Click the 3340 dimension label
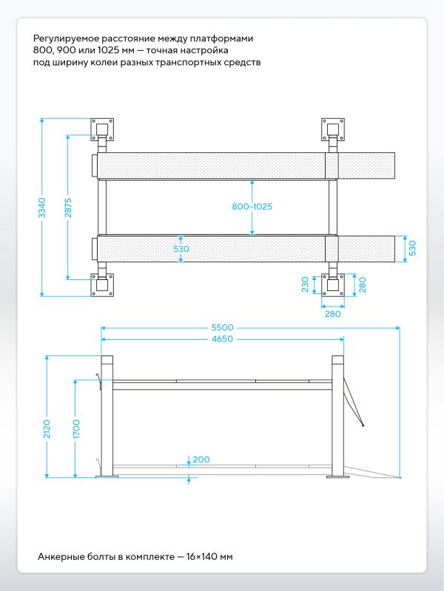(42, 208)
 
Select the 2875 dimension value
(68, 208)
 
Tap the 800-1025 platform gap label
(252, 207)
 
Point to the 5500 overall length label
(223, 327)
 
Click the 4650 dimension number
(223, 339)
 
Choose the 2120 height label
(47, 429)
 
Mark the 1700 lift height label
(76, 429)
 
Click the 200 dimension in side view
(201, 460)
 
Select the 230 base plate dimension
(305, 284)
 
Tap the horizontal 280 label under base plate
(332, 313)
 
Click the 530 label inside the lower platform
(181, 249)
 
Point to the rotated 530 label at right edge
(412, 248)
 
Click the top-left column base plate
(102, 130)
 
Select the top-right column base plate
(332, 130)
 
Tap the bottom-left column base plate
(102, 284)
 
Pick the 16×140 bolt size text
(201, 557)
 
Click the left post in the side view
(107, 417)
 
